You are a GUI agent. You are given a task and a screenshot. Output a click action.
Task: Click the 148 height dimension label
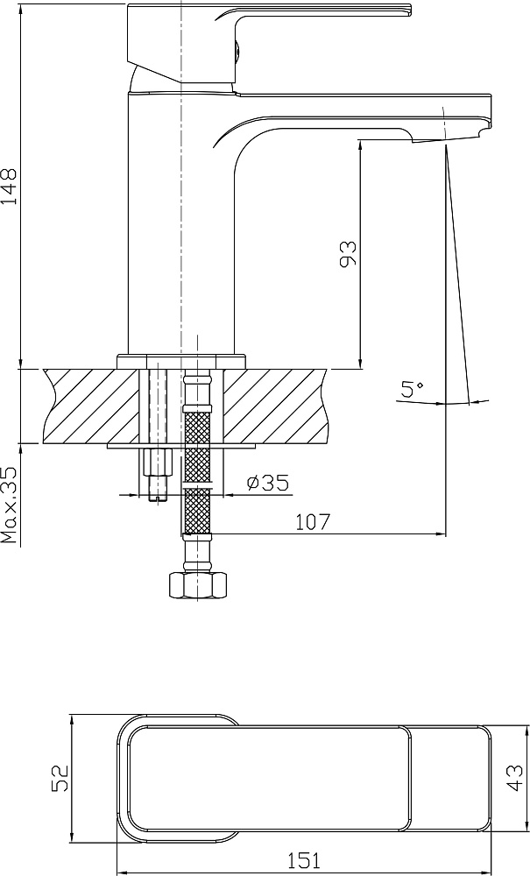(10, 186)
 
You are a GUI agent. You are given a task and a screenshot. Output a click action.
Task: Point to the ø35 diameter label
(267, 482)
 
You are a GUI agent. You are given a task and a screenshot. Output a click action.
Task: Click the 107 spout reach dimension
(313, 522)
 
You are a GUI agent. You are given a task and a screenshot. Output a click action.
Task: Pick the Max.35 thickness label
(10, 505)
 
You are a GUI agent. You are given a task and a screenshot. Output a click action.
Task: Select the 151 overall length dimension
(304, 860)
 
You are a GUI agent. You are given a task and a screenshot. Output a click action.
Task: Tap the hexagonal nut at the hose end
(197, 584)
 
